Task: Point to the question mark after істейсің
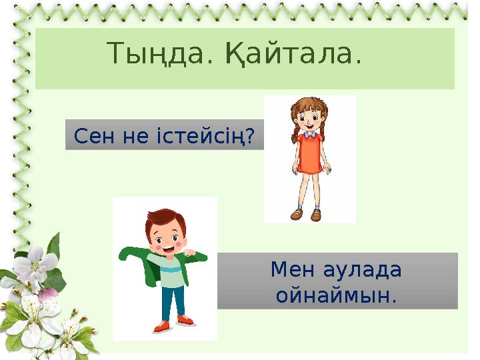tap(250, 137)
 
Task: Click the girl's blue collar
tap(309, 134)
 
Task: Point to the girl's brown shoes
tap(306, 215)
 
